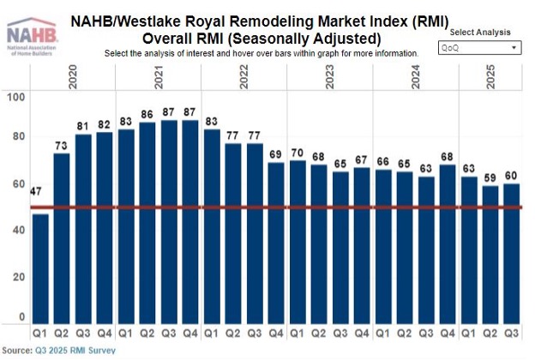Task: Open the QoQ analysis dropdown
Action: coord(479,48)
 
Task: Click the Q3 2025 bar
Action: coord(510,254)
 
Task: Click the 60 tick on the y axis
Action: coord(19,184)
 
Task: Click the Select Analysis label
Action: coord(478,32)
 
